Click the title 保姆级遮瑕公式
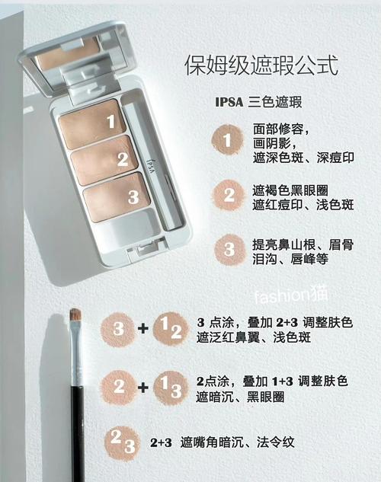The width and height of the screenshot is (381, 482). click(261, 65)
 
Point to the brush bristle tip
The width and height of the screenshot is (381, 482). click(75, 315)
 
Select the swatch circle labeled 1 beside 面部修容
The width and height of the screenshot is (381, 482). click(227, 139)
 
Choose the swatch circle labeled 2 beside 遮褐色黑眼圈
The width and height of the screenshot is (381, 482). click(227, 195)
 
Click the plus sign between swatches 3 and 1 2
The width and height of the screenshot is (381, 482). click(142, 329)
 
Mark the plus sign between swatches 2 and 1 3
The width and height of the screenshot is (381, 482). click(142, 387)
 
